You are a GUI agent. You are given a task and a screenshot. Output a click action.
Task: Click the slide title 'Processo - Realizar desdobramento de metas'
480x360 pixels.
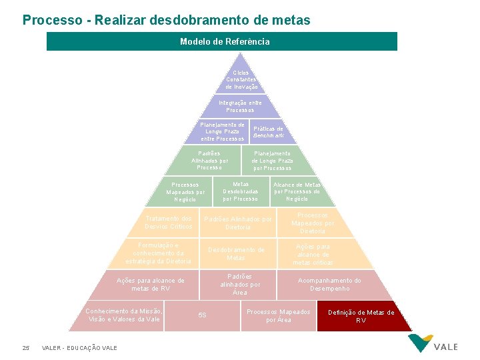click(x=167, y=20)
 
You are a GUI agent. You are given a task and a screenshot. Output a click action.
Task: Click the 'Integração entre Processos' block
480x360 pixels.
click(x=240, y=106)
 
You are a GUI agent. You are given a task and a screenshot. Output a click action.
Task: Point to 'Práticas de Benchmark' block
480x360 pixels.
click(x=268, y=132)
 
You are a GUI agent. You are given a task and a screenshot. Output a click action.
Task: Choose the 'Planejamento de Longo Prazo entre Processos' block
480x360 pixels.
click(x=223, y=131)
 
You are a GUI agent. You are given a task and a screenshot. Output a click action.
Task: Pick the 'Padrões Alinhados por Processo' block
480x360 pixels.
click(x=209, y=160)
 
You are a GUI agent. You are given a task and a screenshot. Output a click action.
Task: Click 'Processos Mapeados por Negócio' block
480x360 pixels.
click(x=186, y=192)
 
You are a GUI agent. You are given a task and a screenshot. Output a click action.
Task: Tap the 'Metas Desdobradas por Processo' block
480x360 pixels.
click(x=240, y=191)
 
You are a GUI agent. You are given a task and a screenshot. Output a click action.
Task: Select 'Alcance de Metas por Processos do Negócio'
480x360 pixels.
click(x=297, y=192)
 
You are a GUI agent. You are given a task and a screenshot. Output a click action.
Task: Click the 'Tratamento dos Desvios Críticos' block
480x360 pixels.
click(x=169, y=223)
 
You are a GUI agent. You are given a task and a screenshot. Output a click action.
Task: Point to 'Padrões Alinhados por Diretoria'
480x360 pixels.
click(x=238, y=223)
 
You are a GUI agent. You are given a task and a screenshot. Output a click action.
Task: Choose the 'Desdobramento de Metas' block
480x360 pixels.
click(x=236, y=253)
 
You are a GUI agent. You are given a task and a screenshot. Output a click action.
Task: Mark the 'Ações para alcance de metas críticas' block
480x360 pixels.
click(x=313, y=254)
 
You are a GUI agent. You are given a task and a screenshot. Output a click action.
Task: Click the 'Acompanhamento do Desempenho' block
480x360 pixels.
click(x=329, y=285)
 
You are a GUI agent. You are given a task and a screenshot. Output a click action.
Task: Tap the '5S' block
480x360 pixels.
click(x=203, y=315)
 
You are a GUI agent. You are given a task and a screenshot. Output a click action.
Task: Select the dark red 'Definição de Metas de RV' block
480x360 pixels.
click(x=361, y=316)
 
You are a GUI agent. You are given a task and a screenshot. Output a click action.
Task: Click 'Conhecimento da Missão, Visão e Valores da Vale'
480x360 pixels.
click(x=125, y=315)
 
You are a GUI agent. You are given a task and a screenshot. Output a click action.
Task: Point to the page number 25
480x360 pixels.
click(x=26, y=347)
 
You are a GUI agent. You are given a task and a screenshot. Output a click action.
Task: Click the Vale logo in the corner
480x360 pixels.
click(x=432, y=343)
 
